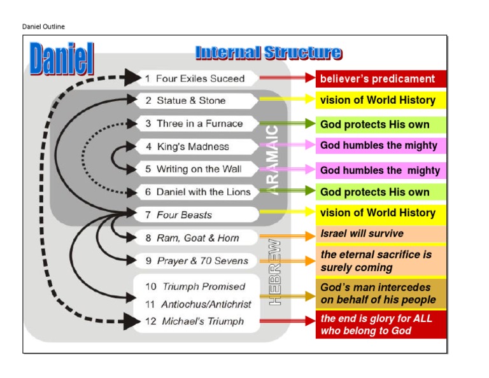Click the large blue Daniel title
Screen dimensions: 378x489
pyautogui.click(x=61, y=60)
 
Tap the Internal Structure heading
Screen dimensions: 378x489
pyautogui.click(x=268, y=52)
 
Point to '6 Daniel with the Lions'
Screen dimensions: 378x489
pyautogui.click(x=197, y=192)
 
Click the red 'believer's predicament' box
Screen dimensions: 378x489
pyautogui.click(x=380, y=79)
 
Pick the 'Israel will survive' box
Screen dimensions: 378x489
pyautogui.click(x=380, y=234)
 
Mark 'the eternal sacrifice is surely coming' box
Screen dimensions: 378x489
pyautogui.click(x=380, y=261)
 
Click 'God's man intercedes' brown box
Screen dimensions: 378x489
pyautogui.click(x=380, y=293)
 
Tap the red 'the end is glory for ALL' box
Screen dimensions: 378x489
pyautogui.click(x=380, y=324)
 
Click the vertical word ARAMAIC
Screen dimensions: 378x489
pyautogui.click(x=273, y=159)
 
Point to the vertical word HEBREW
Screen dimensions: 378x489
pyautogui.click(x=275, y=272)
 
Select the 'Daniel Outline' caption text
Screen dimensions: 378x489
pyautogui.click(x=43, y=27)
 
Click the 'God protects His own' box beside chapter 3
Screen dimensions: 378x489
pyautogui.click(x=380, y=124)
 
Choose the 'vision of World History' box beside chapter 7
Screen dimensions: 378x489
pyautogui.click(x=380, y=213)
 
